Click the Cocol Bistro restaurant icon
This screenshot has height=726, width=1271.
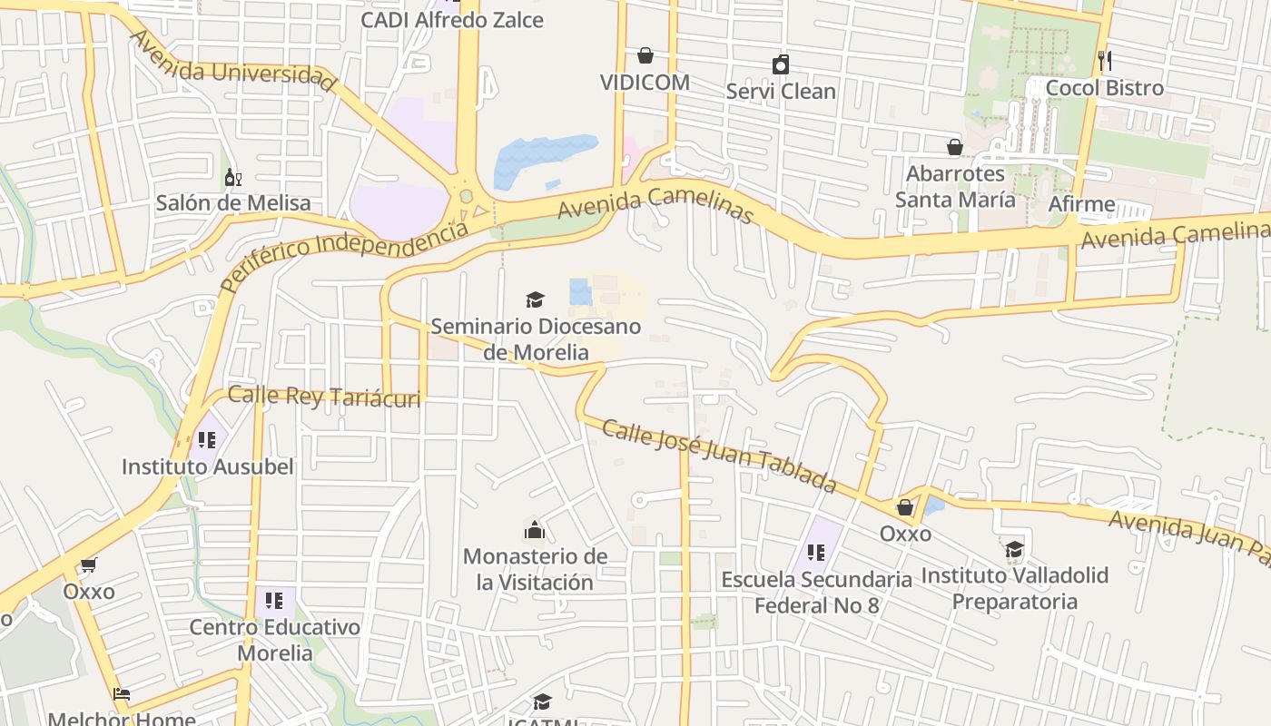(x=1104, y=61)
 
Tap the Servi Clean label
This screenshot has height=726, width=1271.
(x=781, y=92)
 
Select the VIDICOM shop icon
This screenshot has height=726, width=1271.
(x=645, y=56)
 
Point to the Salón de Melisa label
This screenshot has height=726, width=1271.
(x=232, y=202)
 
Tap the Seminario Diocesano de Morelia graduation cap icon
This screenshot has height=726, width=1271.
(x=535, y=299)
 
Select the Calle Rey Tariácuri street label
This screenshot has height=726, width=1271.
(x=324, y=397)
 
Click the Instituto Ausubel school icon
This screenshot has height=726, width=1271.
(x=207, y=440)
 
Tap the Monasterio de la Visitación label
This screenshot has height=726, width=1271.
(x=535, y=569)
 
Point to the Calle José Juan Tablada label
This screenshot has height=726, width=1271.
(x=719, y=456)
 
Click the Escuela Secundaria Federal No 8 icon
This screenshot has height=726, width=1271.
(x=815, y=552)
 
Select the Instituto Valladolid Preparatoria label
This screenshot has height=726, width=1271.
(x=1015, y=588)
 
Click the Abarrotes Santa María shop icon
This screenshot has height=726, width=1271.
(x=954, y=147)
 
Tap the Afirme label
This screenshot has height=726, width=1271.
(x=1081, y=204)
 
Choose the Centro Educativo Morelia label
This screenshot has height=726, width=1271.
(x=274, y=640)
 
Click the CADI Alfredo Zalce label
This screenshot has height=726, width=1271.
(x=452, y=20)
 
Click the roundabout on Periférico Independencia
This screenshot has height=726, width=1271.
(x=467, y=195)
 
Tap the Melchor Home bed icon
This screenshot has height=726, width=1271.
(x=122, y=694)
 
